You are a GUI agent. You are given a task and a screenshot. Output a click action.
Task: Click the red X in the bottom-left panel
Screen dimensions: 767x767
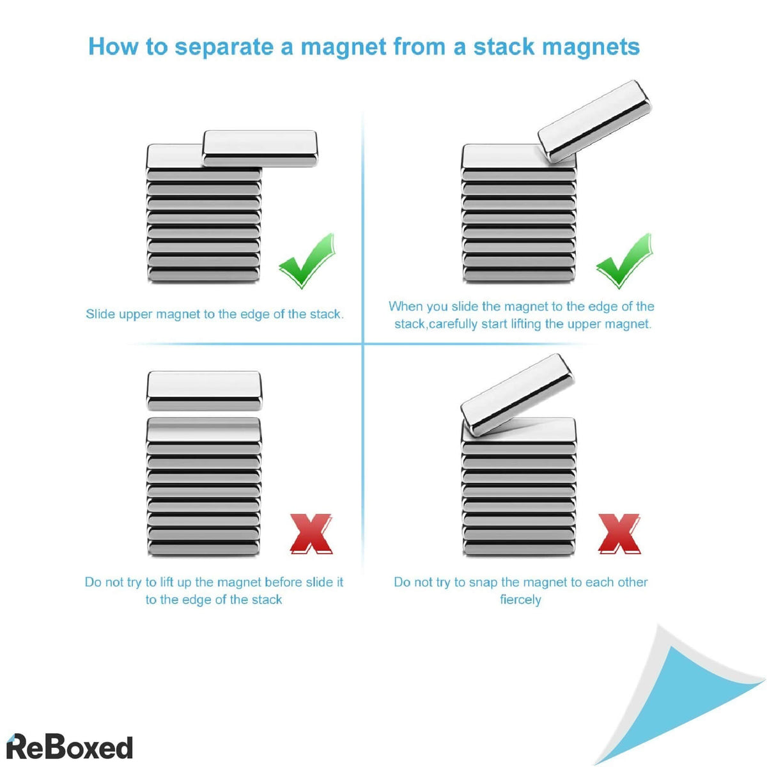(x=311, y=534)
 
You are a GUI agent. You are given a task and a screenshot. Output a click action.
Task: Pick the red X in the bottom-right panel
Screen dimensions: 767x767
(x=619, y=534)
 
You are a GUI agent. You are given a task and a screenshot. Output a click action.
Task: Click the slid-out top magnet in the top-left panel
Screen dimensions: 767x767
(x=260, y=148)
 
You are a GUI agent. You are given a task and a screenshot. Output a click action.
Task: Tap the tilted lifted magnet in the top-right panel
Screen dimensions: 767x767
(x=594, y=120)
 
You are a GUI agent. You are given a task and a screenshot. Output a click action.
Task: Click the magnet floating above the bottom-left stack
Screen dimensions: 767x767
(x=204, y=389)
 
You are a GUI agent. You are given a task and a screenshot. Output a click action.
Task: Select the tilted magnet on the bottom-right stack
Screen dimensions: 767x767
(x=517, y=394)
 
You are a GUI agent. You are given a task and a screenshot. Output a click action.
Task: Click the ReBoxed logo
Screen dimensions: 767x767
(x=69, y=747)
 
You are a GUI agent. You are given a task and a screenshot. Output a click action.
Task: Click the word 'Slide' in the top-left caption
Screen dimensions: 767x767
(x=101, y=314)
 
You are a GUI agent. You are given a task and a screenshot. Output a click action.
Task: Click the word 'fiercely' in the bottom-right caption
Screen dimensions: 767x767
(x=520, y=600)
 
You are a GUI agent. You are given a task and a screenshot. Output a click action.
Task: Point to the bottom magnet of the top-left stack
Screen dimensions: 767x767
(x=204, y=275)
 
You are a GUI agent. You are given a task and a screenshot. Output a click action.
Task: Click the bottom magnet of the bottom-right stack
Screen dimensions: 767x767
(x=518, y=548)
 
